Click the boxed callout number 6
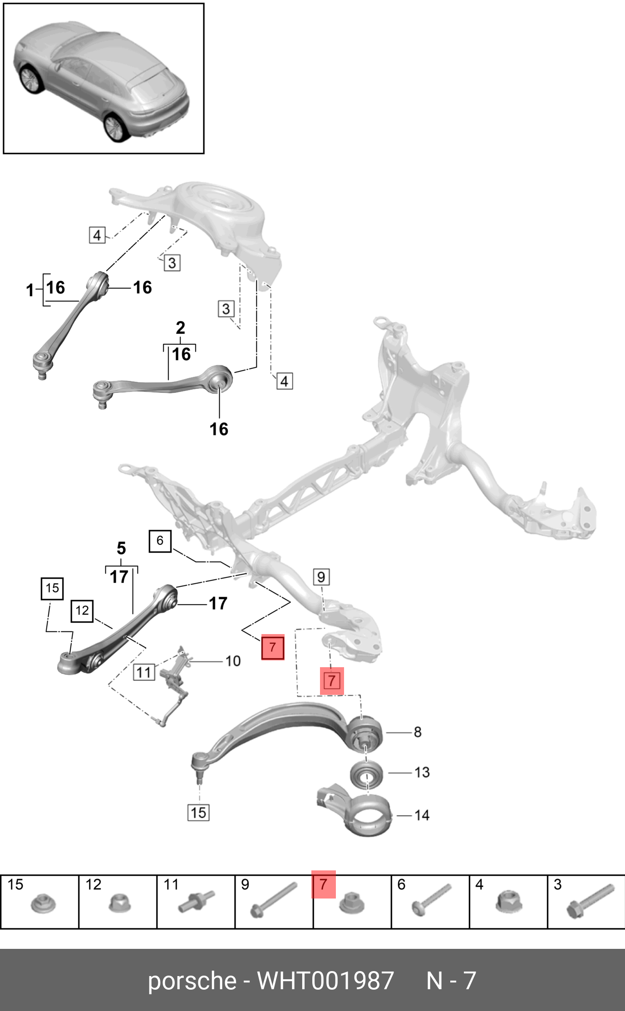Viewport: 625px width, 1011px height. click(x=160, y=541)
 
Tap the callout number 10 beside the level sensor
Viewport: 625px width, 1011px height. click(x=233, y=661)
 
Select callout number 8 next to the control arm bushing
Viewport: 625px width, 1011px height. click(x=417, y=732)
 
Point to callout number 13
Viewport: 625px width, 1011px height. click(x=422, y=772)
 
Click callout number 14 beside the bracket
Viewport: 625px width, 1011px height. click(x=422, y=816)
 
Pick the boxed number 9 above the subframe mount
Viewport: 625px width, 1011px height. click(x=321, y=577)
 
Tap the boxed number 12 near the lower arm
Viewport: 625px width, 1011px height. click(x=82, y=611)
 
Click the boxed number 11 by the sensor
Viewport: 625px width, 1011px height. click(x=144, y=672)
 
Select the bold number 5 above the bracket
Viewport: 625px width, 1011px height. click(x=121, y=548)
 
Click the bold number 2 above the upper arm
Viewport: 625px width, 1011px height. click(x=180, y=327)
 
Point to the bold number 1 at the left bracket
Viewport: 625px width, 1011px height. click(x=30, y=290)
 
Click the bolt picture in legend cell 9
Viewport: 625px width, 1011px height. click(x=273, y=900)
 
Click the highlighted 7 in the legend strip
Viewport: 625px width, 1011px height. click(x=323, y=884)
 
